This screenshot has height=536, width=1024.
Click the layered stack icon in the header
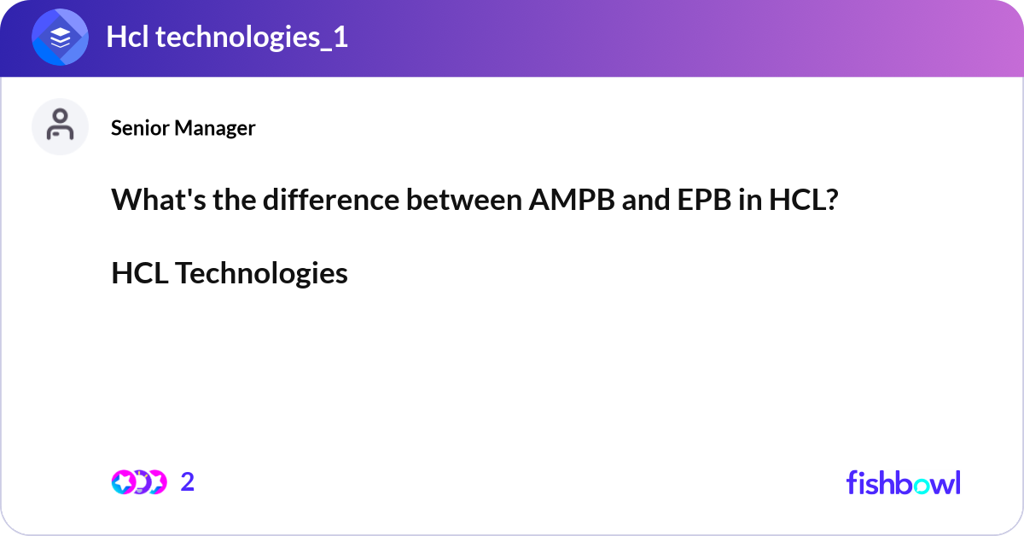60,38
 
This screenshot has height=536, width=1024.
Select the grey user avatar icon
60,126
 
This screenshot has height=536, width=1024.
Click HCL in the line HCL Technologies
140,273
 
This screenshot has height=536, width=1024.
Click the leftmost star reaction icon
123,482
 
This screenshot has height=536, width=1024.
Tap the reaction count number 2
188,482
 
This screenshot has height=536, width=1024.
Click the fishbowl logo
903,482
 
